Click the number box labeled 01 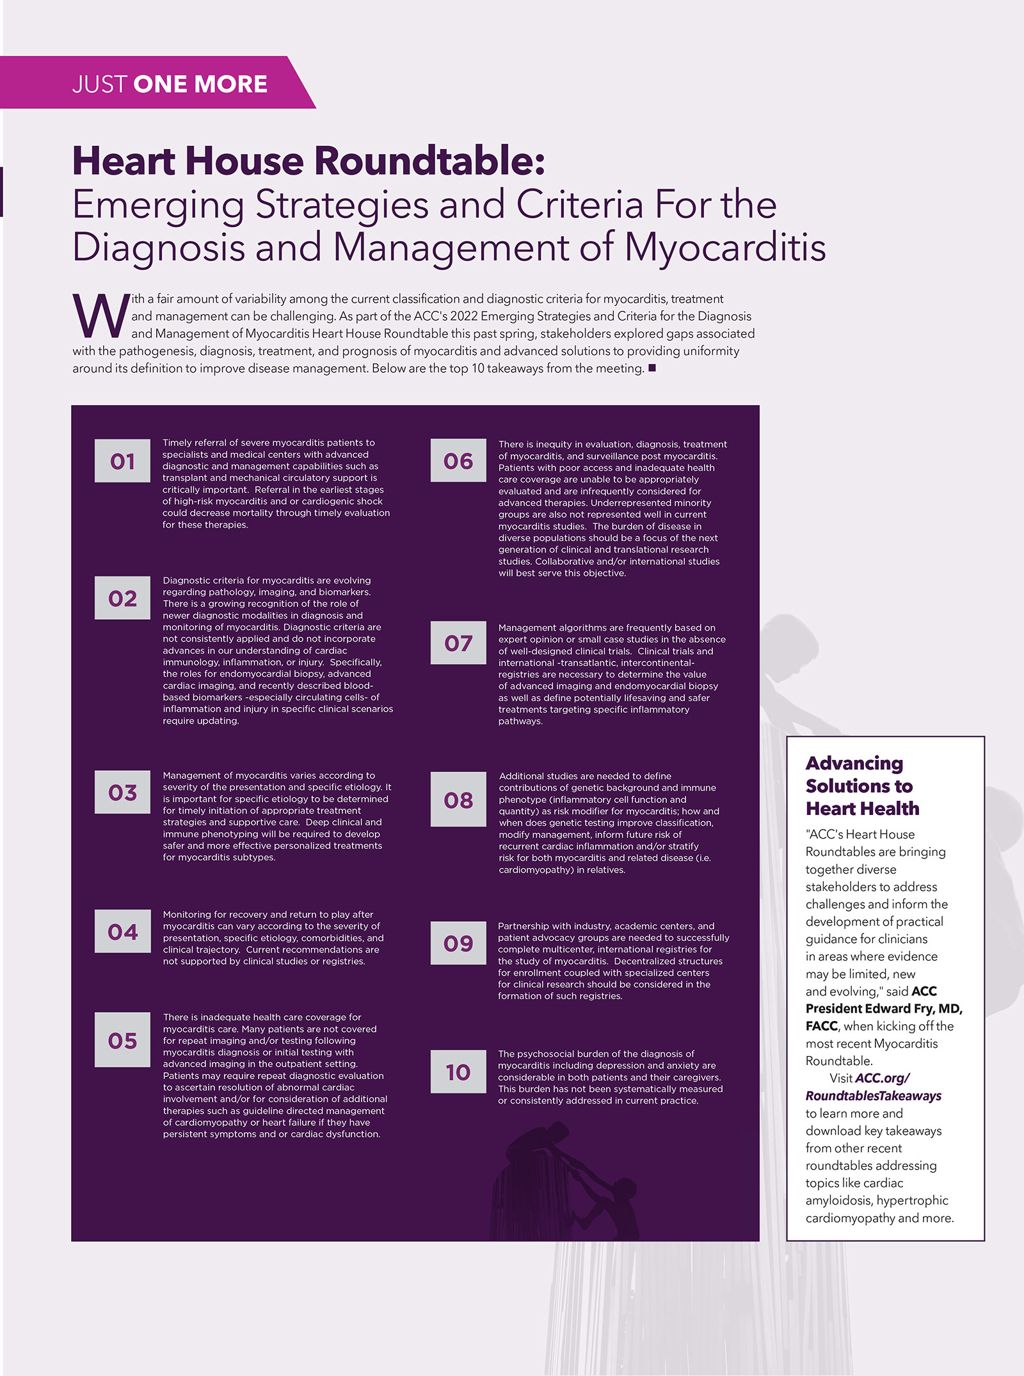tap(122, 461)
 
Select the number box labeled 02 tap(122, 598)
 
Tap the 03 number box tap(122, 792)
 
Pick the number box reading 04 tap(122, 931)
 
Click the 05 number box tap(122, 1040)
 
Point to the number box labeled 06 tap(458, 461)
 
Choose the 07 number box tap(458, 643)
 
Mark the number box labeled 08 tap(458, 800)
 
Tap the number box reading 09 tap(458, 943)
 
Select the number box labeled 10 tap(458, 1072)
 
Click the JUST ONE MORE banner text tap(170, 84)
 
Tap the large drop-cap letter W tap(100, 316)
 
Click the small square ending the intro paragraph tap(652, 368)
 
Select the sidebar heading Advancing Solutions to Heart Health tap(861, 786)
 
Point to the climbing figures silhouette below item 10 tap(570, 1183)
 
